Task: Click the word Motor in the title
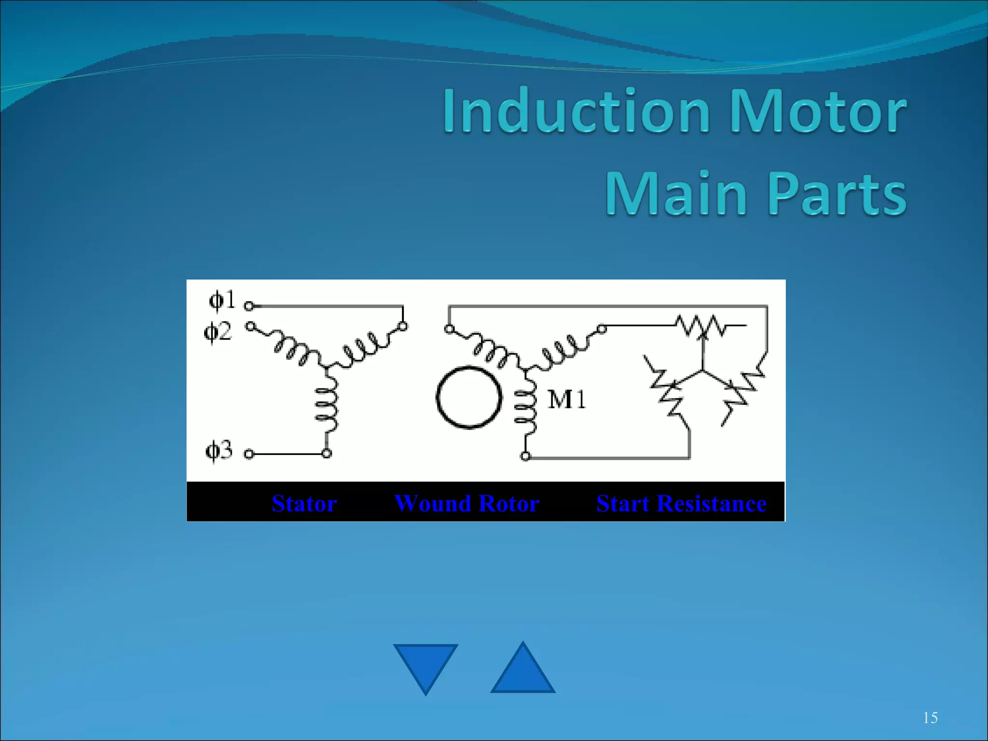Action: coord(818,111)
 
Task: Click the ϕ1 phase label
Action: coord(222,300)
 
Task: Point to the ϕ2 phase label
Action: coord(218,331)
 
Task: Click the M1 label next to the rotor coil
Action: coord(567,400)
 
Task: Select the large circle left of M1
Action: coord(469,397)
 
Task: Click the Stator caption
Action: coord(304,503)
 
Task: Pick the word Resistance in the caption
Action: coord(712,503)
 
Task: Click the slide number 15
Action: coord(930,718)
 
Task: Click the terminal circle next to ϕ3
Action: coord(249,454)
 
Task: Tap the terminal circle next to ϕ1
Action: coord(249,306)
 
